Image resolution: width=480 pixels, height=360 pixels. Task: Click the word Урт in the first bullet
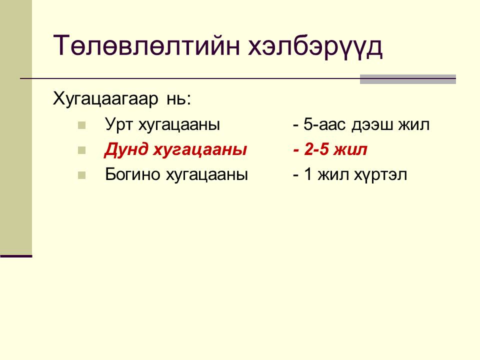(119, 125)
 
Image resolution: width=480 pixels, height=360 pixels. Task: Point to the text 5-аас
(324, 124)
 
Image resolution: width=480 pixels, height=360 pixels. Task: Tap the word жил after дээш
(414, 125)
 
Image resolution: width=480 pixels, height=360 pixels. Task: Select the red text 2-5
(317, 149)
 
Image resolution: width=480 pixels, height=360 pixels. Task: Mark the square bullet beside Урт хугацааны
(81, 125)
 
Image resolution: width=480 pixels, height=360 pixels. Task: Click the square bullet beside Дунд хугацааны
(81, 150)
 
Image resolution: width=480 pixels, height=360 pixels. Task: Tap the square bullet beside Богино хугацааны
(81, 175)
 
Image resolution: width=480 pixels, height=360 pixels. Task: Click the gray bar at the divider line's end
(408, 79)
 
